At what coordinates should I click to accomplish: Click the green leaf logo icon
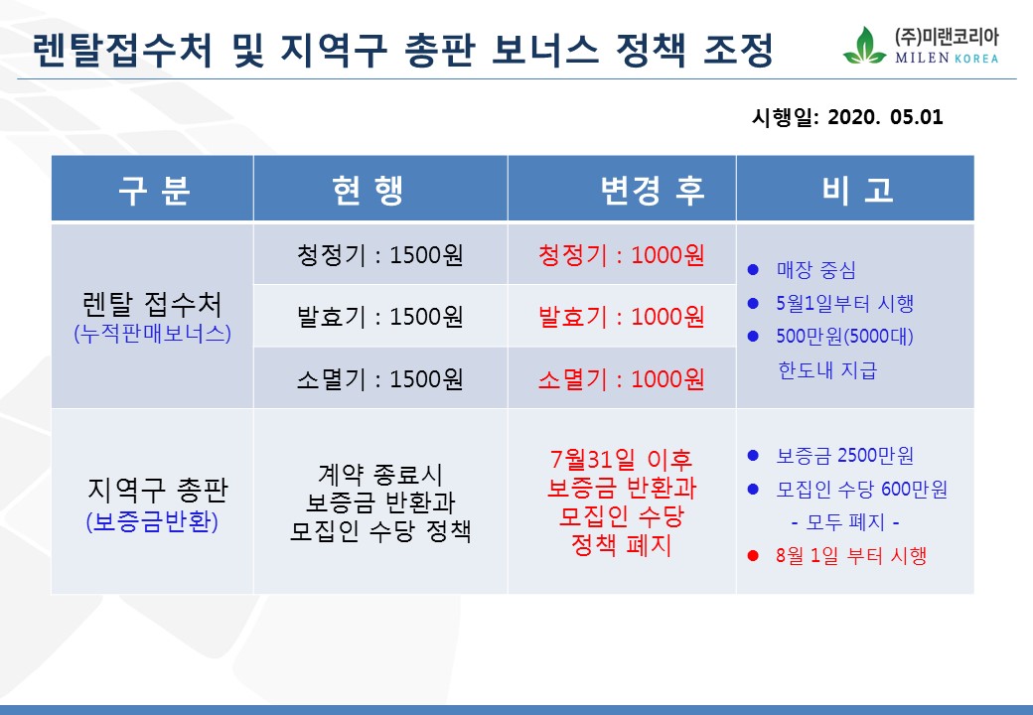864,46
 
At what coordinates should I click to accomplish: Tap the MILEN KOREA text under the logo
946,58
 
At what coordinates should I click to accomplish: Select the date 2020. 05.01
885,117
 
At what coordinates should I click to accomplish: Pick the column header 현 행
367,191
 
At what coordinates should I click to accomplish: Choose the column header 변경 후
653,191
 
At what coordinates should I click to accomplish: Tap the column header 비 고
857,191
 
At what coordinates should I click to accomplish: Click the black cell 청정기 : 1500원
380,255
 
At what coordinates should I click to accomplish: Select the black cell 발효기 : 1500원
380,317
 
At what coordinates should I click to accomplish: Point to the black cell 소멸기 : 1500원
380,379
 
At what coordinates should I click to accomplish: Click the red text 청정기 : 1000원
621,255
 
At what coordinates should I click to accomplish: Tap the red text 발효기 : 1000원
621,317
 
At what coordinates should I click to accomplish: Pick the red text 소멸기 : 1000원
621,379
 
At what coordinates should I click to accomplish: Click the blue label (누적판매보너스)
153,333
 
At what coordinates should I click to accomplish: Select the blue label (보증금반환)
152,521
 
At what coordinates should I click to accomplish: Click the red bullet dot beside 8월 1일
753,556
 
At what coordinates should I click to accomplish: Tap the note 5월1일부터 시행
845,303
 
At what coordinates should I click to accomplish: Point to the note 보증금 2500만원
845,455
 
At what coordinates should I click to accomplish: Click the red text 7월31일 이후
621,458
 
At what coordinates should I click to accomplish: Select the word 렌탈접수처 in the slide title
122,50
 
